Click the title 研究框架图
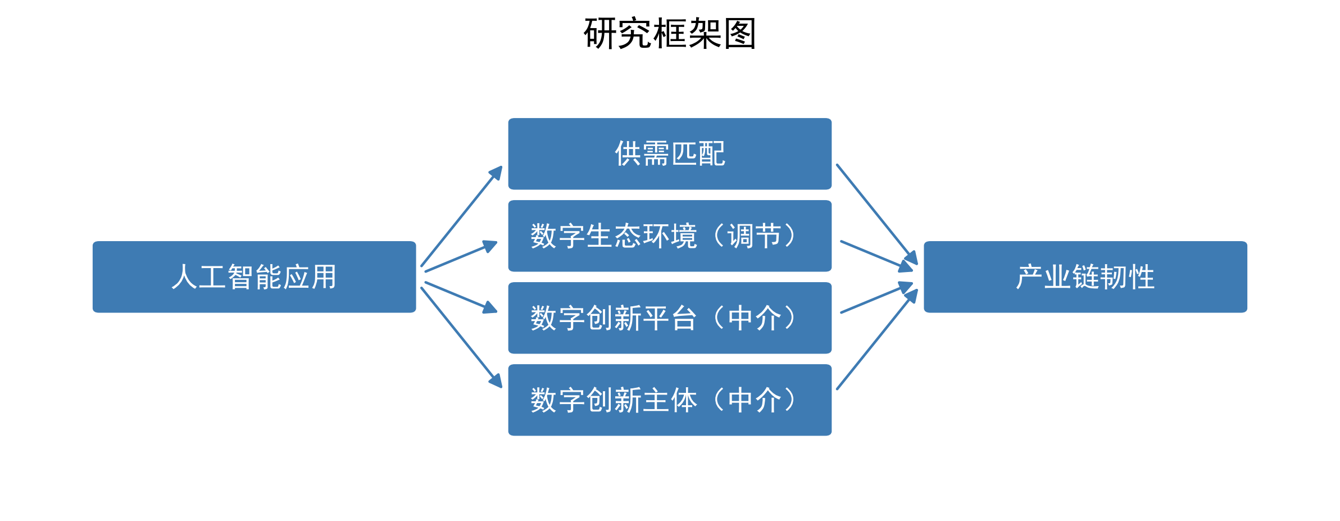pos(670,34)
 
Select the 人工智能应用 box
pos(254,277)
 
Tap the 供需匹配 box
pos(670,153)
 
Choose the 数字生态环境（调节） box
pos(670,235)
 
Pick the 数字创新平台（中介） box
pos(670,318)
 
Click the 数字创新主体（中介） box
pos(670,400)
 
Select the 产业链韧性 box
pos(1085,277)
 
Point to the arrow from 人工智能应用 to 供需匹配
pos(461,216)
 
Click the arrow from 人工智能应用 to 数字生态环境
pos(461,257)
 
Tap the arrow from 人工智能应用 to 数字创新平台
pos(461,297)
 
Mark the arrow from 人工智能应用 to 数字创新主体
pos(461,337)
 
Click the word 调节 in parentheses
pos(754,236)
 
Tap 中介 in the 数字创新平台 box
pos(754,318)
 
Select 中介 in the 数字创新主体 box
pos(754,400)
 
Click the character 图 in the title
pos(740,34)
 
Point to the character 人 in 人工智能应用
pos(184,277)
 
